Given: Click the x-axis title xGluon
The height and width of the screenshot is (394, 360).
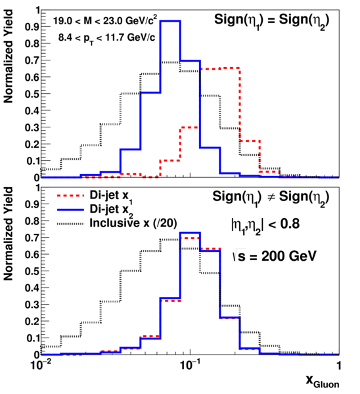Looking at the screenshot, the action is tap(323, 382).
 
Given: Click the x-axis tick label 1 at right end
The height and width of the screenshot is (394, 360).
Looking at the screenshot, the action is tap(339, 365).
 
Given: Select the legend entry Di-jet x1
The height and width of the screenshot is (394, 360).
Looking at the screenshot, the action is tap(111, 197).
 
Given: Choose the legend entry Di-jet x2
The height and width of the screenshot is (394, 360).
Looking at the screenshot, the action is tap(111, 211).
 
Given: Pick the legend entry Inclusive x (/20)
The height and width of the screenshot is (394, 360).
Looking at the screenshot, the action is tap(133, 223).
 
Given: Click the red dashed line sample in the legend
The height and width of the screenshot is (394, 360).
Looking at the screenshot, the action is tap(70, 196).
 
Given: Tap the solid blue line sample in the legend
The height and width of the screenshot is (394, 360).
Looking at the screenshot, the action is tap(70, 209).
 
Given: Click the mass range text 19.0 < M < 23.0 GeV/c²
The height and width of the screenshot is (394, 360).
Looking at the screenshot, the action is tap(105, 20).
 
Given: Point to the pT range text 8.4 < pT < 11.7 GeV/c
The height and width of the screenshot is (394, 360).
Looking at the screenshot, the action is tap(106, 38).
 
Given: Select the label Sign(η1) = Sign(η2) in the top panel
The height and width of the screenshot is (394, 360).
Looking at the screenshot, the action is tap(271, 21).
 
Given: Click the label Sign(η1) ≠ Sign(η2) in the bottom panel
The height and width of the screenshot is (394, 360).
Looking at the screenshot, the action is tap(271, 198).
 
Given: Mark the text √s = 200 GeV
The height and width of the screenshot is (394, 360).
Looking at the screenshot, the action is tap(275, 256).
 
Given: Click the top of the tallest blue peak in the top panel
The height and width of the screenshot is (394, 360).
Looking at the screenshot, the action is tap(170, 22).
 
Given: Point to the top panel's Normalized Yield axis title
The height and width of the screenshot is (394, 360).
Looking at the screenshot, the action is tap(9, 56).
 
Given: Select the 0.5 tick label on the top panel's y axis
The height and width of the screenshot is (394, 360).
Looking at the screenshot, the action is tap(32, 94).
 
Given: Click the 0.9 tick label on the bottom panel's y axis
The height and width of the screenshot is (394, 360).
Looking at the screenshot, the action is tap(32, 204).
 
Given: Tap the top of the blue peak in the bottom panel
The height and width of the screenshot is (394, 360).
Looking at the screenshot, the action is tap(190, 232).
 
